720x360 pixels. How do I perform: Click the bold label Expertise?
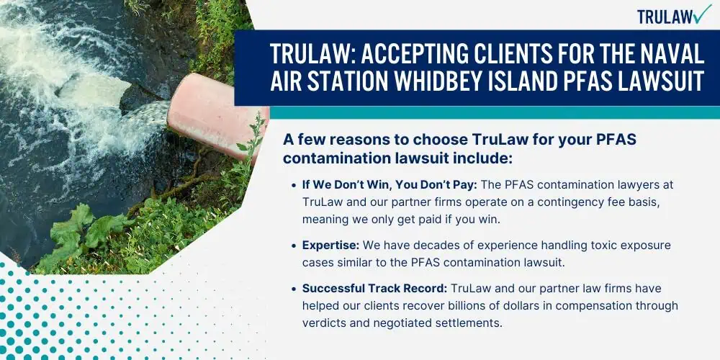(x=330, y=246)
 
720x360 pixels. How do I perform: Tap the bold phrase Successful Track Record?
(x=374, y=289)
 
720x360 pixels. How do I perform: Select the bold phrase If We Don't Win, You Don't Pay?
(x=390, y=185)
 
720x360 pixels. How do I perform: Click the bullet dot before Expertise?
(x=294, y=246)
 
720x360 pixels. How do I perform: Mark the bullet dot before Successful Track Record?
(x=294, y=289)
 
